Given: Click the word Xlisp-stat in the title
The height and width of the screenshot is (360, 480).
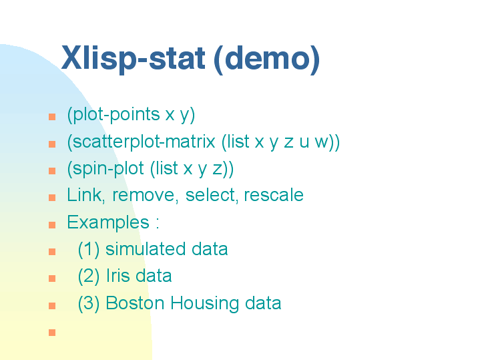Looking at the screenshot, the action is [133, 59].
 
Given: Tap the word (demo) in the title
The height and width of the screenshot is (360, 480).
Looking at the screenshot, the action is [266, 59].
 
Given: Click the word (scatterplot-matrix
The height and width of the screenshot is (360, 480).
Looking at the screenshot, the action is [141, 142].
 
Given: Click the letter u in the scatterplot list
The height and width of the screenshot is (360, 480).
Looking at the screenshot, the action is [304, 143].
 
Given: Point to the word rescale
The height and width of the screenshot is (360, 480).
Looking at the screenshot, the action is [274, 196].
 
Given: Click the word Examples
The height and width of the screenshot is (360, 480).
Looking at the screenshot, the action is [108, 222].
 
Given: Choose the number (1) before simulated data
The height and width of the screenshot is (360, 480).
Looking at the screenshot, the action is [89, 249].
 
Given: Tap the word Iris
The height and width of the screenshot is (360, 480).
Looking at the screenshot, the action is [118, 276].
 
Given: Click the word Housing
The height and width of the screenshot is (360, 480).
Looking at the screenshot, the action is [204, 304].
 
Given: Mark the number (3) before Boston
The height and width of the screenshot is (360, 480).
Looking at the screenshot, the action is [89, 304].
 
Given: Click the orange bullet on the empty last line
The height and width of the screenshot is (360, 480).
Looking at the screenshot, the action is [52, 333].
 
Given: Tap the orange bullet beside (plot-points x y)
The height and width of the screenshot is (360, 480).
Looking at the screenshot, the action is [52, 117].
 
